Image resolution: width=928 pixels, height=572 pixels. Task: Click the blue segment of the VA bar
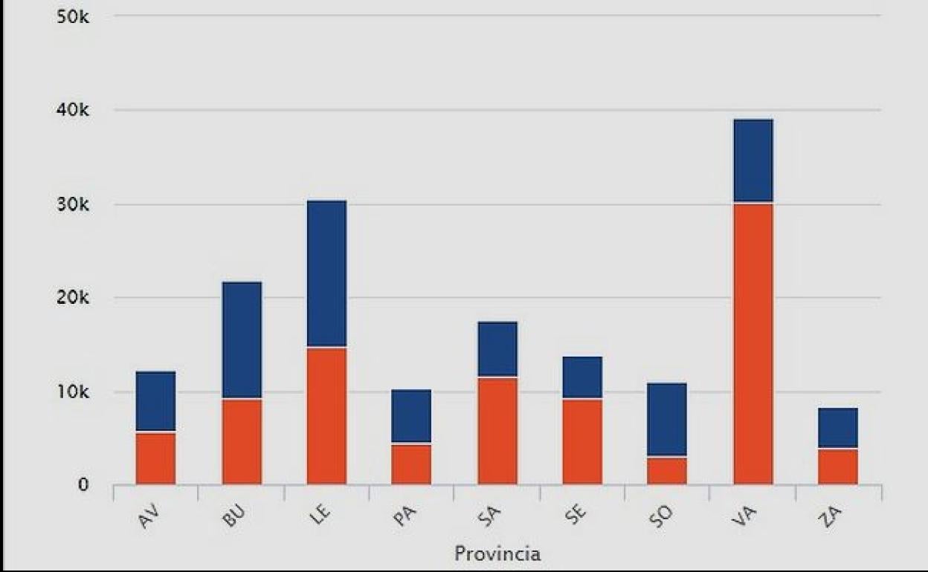click(x=753, y=160)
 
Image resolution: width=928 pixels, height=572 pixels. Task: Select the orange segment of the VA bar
click(x=753, y=344)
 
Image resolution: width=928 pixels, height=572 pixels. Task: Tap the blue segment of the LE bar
click(x=326, y=273)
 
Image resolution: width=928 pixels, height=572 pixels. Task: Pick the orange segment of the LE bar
click(x=326, y=416)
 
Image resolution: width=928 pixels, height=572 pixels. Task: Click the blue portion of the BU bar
click(x=242, y=340)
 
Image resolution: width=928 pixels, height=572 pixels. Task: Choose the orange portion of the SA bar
click(x=497, y=432)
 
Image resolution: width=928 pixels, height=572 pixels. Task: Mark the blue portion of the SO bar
click(x=667, y=419)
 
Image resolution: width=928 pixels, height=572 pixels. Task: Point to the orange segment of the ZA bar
click(x=838, y=467)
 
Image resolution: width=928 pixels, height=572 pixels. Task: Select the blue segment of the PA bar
click(x=411, y=416)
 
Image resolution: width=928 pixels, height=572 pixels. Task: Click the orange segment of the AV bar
click(x=155, y=458)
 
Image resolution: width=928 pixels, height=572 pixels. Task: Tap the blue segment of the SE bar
click(x=582, y=377)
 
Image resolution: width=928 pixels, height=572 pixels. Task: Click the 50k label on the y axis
click(x=72, y=16)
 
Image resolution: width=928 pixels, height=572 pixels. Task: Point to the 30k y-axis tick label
click(x=72, y=204)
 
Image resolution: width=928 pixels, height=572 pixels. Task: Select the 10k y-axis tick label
click(x=72, y=392)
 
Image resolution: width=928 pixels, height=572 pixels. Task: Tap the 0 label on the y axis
click(x=83, y=486)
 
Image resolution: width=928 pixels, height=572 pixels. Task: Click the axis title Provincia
click(x=497, y=553)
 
